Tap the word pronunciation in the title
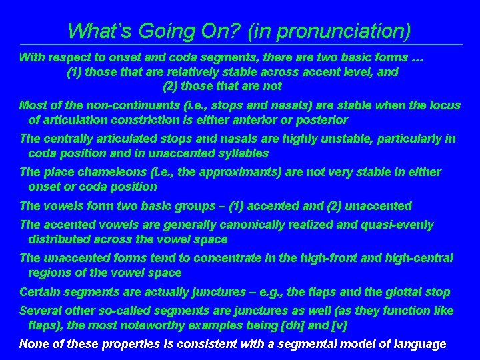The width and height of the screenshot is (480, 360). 333,31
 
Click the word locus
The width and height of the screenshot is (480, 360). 444,105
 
